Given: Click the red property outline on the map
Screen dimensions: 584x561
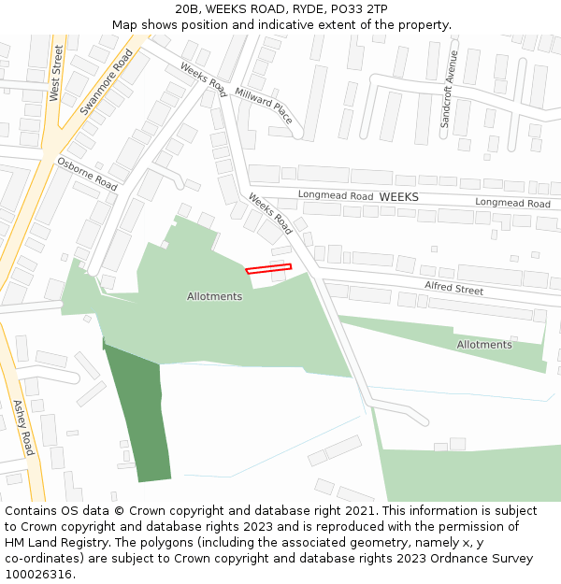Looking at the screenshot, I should [x=268, y=269].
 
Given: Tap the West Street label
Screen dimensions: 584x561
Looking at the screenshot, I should [x=55, y=72].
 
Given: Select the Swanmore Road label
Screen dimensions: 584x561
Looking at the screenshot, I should [x=107, y=82].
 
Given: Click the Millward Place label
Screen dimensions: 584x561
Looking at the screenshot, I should [x=264, y=106].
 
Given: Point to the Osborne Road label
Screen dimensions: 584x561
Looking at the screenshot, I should [x=87, y=174].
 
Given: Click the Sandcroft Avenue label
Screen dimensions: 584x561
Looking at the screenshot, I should [x=451, y=89].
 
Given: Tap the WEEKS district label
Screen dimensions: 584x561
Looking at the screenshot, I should [x=398, y=197].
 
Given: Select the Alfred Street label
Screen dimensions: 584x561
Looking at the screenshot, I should [x=453, y=288].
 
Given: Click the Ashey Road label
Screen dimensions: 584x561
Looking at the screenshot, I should [x=23, y=427].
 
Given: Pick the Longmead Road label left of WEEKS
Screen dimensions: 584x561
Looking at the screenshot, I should [x=336, y=195].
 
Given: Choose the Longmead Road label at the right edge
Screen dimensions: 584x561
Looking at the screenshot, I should [x=512, y=203].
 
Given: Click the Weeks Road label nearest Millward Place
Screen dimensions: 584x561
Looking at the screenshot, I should [x=203, y=80].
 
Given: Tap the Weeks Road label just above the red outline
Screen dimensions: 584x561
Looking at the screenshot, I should [x=270, y=213].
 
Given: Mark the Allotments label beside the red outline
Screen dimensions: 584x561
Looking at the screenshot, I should [x=214, y=296].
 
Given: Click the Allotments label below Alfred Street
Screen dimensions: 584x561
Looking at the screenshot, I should [x=484, y=345].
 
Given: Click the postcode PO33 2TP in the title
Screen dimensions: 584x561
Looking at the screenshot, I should [x=363, y=8].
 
